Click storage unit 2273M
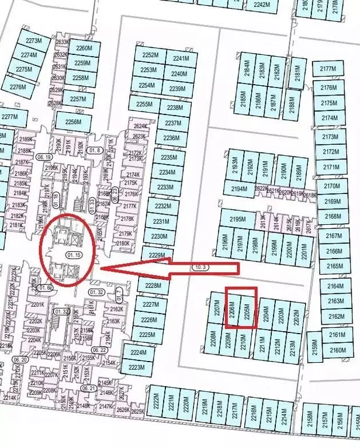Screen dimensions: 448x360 pyautogui.click(x=35, y=41)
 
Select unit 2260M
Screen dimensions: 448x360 pyautogui.click(x=84, y=48)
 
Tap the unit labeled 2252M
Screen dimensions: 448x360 pyautogui.click(x=150, y=55)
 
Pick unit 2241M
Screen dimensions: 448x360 pyautogui.click(x=181, y=58)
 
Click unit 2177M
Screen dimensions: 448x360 pyautogui.click(x=328, y=70)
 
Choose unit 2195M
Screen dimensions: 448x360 pyautogui.click(x=238, y=219)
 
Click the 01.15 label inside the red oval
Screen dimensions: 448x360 pyautogui.click(x=74, y=255)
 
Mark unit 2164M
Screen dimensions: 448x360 pyautogui.click(x=335, y=286)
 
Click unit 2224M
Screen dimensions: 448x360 pyautogui.click(x=138, y=353)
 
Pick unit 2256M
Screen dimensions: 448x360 pyautogui.click(x=74, y=122)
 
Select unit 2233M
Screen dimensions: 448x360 pyautogui.click(x=166, y=187)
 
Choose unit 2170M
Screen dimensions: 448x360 pyautogui.click(x=332, y=186)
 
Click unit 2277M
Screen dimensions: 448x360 pyautogui.click(x=9, y=117)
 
